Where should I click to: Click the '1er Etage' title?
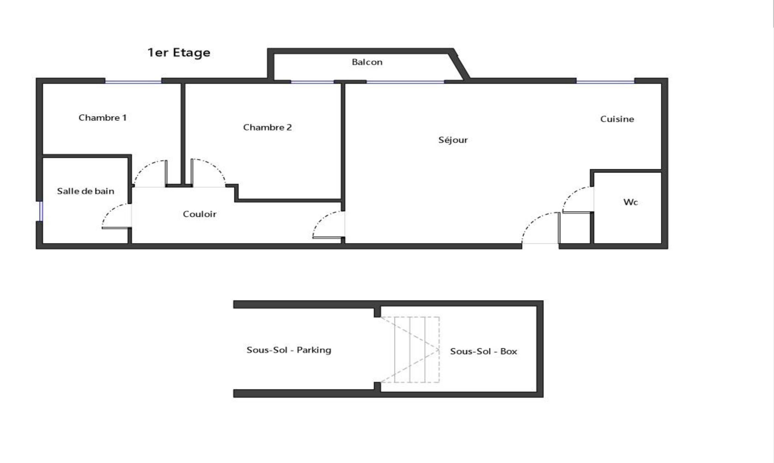coord(179,53)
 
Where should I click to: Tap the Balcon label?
coord(367,62)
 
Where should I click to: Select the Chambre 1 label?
coord(102,118)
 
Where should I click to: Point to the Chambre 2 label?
coord(267,127)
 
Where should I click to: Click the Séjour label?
coord(453,140)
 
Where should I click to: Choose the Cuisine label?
coord(617,119)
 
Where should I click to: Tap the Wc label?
coord(631,202)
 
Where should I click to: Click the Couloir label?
coord(200,214)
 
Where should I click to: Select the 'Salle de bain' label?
coord(86,191)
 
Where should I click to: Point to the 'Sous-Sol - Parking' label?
coord(289,350)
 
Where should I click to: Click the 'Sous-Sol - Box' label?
coord(483,351)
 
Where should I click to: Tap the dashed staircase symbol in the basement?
coord(409,349)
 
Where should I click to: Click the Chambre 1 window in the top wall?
coord(133,82)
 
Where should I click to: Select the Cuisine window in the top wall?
coord(605,82)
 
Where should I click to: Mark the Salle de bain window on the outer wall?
coord(41,211)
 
